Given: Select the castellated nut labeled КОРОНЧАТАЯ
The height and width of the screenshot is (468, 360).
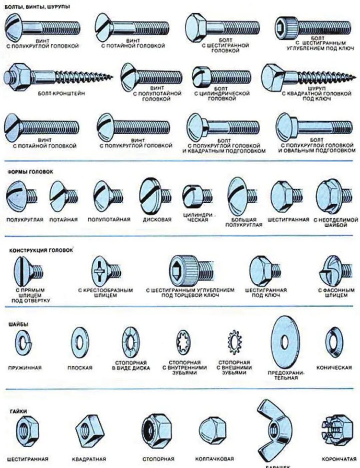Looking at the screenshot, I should [x=337, y=430].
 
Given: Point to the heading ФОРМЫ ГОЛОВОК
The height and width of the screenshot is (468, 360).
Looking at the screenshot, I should [x=30, y=172].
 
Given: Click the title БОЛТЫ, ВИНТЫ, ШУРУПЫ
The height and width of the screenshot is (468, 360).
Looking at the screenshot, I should [x=37, y=6].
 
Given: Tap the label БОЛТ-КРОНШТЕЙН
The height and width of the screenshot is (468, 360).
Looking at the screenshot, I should [x=61, y=94].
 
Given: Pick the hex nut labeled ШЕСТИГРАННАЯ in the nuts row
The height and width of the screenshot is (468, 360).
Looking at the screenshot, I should [x=28, y=431].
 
